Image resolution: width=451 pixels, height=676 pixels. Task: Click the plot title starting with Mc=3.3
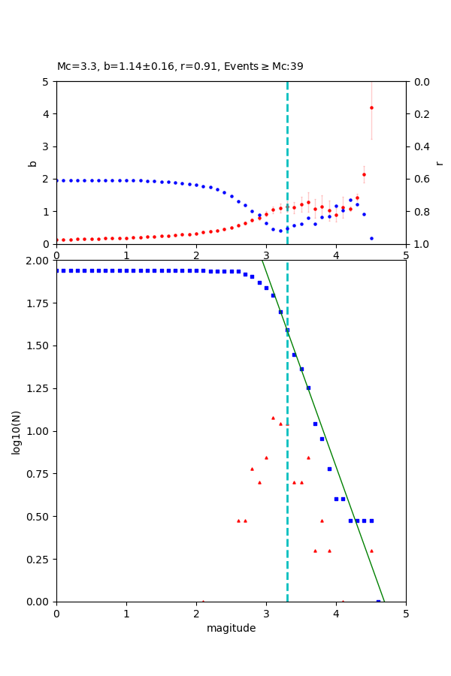point(180,66)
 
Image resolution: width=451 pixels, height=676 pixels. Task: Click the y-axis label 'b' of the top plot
point(32,163)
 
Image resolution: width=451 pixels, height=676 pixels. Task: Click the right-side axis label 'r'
point(440,163)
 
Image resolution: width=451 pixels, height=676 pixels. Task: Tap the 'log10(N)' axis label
point(16,431)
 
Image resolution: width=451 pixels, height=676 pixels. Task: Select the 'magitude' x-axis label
point(231,628)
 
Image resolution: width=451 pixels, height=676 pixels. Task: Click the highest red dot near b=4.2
point(371,107)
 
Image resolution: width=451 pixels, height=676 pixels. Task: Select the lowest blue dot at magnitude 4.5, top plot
point(371,238)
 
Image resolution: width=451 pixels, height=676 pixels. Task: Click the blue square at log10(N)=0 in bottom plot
point(378,601)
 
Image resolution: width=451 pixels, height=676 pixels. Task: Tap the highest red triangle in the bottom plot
point(273,418)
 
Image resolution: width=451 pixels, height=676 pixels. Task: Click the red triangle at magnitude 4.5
point(371,551)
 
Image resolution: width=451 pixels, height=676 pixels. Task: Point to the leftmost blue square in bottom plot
point(56,270)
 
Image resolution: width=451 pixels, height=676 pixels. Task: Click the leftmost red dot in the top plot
point(56,240)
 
